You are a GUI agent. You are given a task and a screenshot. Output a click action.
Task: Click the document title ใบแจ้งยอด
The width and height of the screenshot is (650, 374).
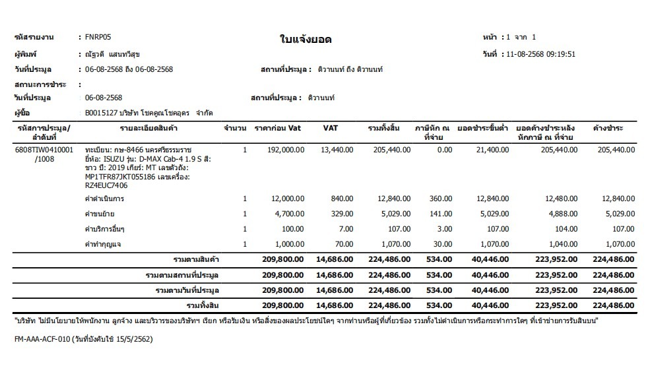tap(305, 40)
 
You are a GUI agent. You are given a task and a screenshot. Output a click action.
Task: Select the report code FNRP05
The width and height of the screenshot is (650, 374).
tap(98, 37)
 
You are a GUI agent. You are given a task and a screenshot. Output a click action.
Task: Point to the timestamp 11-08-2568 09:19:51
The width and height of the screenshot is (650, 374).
tap(538, 54)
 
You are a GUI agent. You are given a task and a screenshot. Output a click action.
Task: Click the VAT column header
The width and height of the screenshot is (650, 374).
tap(331, 128)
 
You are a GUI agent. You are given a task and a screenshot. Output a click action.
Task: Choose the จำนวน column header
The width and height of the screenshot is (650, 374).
tap(236, 128)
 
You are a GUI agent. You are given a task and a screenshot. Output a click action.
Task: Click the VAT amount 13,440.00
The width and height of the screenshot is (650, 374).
tap(337, 150)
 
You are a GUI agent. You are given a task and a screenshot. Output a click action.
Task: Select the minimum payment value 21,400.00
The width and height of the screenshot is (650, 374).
tap(490, 150)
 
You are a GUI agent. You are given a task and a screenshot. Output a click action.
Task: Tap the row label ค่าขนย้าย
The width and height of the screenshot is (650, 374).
tap(100, 214)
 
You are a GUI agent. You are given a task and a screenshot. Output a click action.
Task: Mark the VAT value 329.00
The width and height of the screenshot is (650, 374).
tap(342, 214)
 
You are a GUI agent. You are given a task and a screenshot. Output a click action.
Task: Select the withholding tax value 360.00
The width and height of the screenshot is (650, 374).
tap(441, 199)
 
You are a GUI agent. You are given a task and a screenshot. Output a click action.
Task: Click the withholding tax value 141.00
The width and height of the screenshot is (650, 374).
tap(441, 214)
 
